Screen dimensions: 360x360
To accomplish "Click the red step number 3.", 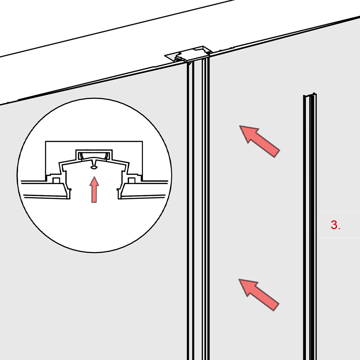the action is pos(336,225).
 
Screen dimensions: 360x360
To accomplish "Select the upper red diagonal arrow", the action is pos(260,141).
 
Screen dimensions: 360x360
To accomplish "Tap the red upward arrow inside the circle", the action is pos(94,189).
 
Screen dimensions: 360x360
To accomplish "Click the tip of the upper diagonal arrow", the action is pos(239,126).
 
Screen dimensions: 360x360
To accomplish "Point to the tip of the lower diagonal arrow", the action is pos(239,279).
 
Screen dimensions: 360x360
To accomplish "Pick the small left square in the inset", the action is pos(56,180).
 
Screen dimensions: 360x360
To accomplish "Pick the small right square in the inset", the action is pos(131,180).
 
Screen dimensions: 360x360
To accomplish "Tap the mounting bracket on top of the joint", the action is pos(188,54).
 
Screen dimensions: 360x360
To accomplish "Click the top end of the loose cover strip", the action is pos(310,95).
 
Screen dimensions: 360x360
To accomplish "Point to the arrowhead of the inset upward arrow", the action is pos(94,177).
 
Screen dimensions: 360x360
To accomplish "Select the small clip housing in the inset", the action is pos(94,154).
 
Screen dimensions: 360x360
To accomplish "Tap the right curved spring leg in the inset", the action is pos(107,156).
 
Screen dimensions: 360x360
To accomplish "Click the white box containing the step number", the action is pos(340,225).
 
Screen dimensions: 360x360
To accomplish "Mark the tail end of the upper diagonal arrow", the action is pos(277,154).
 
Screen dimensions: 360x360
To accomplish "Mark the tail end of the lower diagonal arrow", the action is pos(276,307).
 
